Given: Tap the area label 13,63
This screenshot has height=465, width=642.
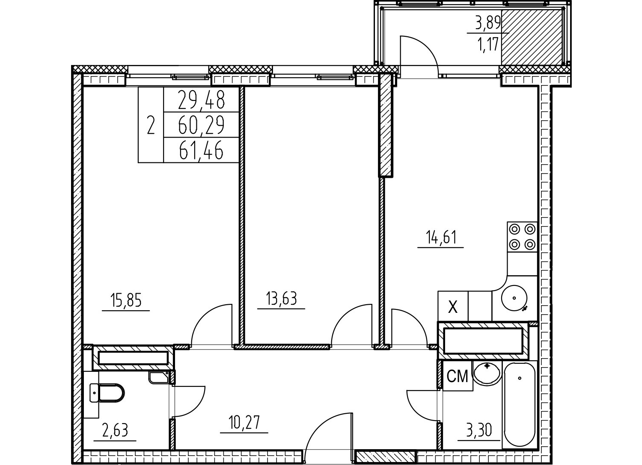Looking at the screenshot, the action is coord(281,298).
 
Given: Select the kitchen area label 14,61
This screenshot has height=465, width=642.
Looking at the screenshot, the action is coord(441,237).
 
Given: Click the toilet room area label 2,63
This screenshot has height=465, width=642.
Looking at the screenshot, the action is coord(115,430).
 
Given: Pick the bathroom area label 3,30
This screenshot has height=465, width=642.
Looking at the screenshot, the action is coord(479,430).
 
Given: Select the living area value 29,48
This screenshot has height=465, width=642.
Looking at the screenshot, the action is coord(201,99).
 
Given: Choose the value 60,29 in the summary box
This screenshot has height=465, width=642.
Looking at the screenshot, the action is coord(201,125).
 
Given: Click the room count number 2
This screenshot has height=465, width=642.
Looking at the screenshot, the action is coord(151,125).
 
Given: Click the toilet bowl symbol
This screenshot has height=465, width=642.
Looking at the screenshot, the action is coord(107,393).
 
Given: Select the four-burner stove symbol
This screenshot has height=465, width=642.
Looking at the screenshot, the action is coord(522,237).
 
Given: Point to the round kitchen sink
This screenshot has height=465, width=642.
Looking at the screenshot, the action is coord(514,298).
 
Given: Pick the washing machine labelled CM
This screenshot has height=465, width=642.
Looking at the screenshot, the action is coord(458,376).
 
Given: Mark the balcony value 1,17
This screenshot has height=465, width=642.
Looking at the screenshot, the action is coord(488,45).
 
